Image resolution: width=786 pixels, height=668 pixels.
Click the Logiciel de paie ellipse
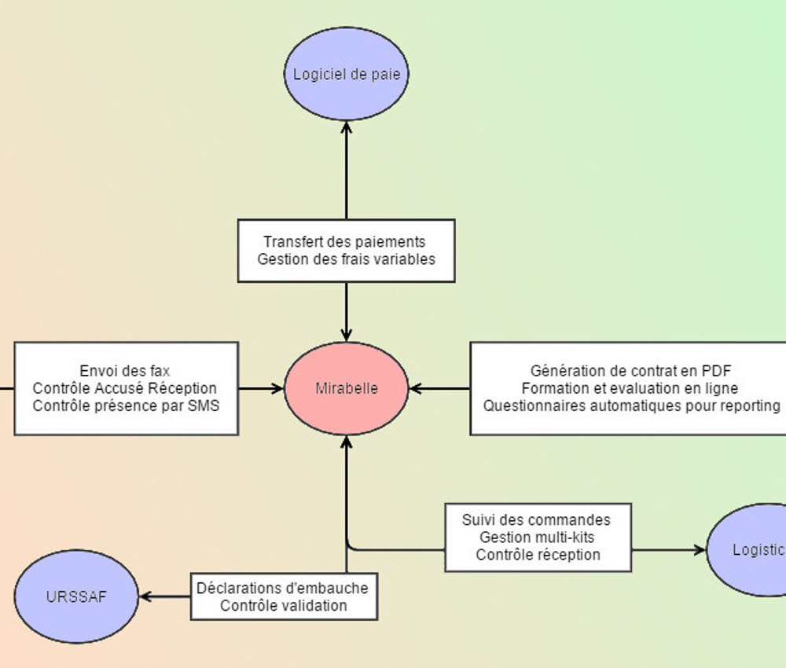click(346, 75)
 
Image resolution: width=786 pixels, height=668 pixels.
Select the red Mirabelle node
click(346, 388)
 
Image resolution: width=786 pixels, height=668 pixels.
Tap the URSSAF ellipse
click(76, 596)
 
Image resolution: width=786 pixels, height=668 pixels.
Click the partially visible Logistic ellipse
click(751, 550)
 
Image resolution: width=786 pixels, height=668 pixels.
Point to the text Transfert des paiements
click(344, 242)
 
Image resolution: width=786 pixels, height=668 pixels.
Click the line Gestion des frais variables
click(346, 259)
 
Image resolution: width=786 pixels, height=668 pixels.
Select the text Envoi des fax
click(125, 371)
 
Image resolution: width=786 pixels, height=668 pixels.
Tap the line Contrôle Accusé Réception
click(125, 388)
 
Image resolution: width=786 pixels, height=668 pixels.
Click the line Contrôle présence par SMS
click(126, 406)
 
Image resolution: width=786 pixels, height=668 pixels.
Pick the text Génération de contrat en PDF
click(631, 371)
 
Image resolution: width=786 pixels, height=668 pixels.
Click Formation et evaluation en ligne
click(630, 388)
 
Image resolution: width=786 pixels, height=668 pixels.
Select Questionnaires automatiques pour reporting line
click(631, 406)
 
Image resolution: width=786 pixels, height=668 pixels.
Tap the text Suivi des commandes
click(536, 520)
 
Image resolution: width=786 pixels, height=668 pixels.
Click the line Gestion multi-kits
click(537, 538)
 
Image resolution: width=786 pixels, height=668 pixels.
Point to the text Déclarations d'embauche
click(282, 588)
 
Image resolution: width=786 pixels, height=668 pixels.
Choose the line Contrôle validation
click(283, 605)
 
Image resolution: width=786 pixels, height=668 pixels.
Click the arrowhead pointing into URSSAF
click(145, 596)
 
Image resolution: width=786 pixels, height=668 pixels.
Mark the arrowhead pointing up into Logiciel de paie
click(346, 126)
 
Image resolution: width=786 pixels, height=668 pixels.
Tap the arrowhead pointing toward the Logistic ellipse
click(700, 550)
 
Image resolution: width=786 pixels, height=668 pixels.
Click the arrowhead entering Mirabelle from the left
click(277, 388)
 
